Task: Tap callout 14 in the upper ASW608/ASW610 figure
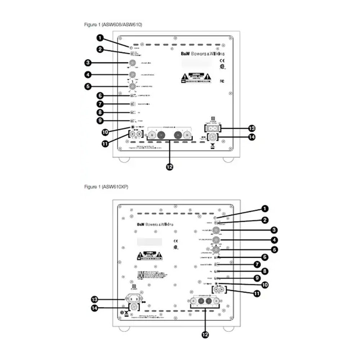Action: [252, 137]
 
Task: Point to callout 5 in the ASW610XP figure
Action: [274, 249]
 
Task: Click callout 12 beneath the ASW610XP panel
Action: [205, 334]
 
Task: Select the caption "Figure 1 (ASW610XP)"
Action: [106, 187]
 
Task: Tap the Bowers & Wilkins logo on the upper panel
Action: [204, 53]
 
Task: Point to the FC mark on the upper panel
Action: [222, 81]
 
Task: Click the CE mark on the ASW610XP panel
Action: [175, 241]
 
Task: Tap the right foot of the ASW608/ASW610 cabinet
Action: [228, 159]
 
